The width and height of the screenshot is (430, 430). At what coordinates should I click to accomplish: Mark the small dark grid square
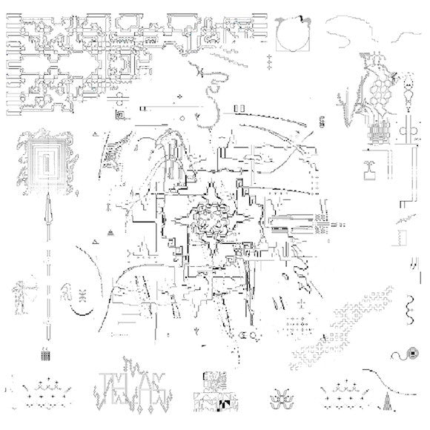[45, 355]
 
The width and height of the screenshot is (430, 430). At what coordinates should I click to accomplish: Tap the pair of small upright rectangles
[240, 110]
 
